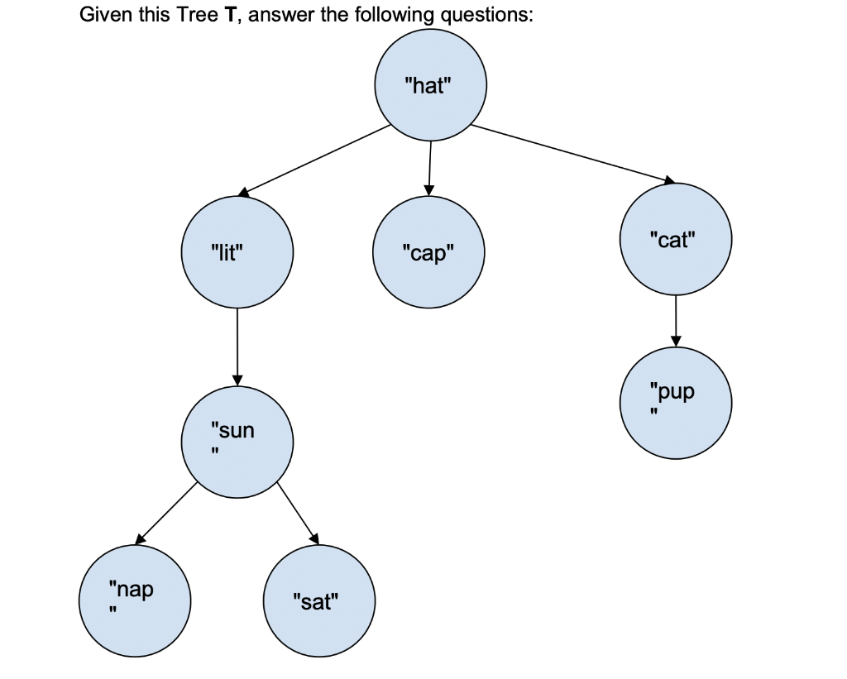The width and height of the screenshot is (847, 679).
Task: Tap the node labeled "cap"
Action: (x=428, y=253)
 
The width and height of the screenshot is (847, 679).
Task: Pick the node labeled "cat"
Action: (x=676, y=240)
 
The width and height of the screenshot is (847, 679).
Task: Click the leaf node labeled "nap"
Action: (x=135, y=600)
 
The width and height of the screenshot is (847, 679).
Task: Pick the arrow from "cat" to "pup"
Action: (x=676, y=321)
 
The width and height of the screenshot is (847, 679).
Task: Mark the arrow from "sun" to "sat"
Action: (x=299, y=513)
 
